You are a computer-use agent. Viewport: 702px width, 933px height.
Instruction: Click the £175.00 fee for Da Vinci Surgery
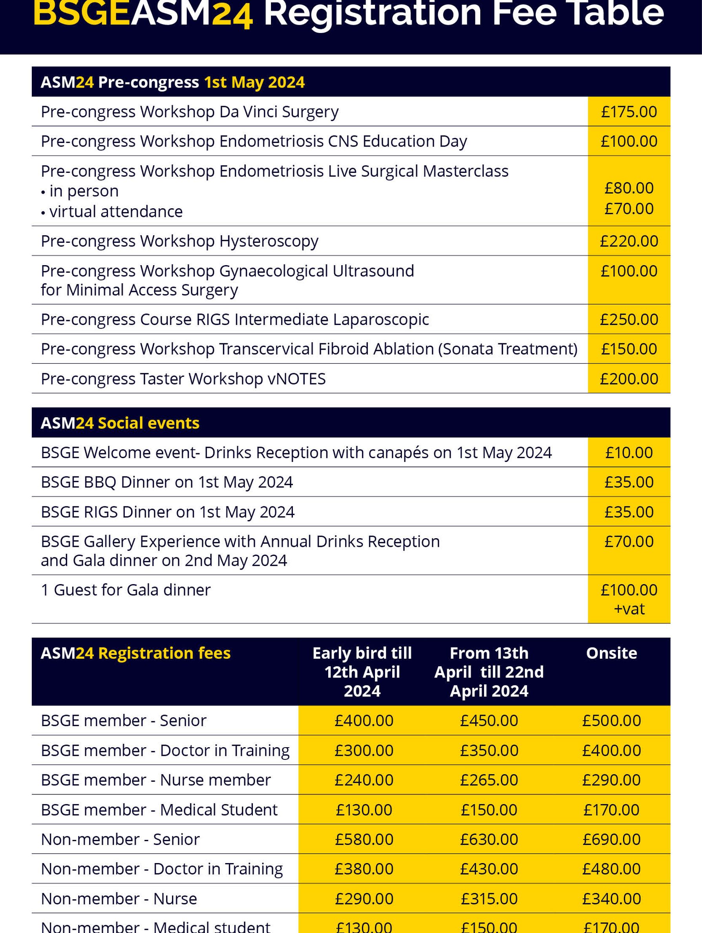tap(629, 112)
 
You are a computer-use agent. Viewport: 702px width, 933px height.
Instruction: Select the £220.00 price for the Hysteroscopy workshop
tap(629, 241)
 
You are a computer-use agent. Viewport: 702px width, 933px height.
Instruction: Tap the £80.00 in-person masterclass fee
tap(629, 188)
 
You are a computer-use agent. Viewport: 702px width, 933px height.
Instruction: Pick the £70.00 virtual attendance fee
tap(629, 209)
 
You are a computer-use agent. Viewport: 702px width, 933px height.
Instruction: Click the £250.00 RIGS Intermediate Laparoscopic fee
tap(629, 320)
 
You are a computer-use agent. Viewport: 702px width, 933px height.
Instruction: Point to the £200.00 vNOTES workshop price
tap(629, 379)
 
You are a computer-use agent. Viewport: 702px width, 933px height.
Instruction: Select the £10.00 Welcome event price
tap(629, 453)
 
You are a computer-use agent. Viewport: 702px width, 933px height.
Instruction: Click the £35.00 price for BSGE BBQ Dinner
tap(629, 482)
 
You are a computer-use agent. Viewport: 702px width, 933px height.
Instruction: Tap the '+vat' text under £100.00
tap(629, 609)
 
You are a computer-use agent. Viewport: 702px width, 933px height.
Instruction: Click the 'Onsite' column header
tap(611, 653)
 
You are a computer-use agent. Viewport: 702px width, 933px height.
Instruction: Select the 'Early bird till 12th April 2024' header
tap(362, 672)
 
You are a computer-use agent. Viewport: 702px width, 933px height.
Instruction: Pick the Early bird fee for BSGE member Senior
tap(364, 721)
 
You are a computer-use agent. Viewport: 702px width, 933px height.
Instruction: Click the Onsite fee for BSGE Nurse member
tap(611, 780)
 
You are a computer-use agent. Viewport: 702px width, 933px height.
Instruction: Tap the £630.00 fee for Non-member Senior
tap(489, 840)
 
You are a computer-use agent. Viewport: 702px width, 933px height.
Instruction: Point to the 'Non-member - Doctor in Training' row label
tap(162, 869)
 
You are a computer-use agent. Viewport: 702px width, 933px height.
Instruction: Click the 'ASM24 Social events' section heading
tap(120, 423)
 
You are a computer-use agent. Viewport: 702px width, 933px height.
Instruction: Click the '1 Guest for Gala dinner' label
tap(126, 590)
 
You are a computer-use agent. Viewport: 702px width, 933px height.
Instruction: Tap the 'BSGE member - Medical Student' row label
tap(159, 810)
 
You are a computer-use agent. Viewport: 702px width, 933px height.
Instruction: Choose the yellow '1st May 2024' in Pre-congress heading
tap(254, 82)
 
